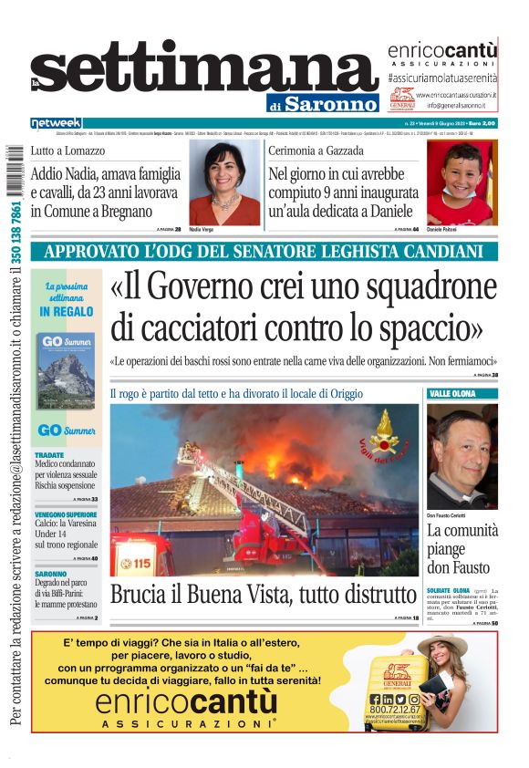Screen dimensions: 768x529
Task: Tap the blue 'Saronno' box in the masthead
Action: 330,104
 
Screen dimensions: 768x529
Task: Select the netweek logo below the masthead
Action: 56,123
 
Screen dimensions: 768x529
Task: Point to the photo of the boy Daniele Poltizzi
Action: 462,182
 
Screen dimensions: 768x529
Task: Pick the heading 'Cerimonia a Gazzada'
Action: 316,150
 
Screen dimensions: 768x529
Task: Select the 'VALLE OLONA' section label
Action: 452,393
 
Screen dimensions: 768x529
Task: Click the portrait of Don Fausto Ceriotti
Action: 462,456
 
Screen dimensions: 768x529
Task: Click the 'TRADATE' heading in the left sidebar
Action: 49,454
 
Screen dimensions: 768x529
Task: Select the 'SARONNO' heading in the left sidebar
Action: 51,575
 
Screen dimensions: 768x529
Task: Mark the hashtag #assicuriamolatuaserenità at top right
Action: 442,79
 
